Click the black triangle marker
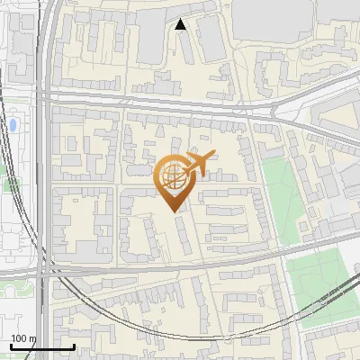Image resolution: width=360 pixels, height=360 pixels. (181, 25)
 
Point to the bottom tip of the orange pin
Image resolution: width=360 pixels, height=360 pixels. (174, 211)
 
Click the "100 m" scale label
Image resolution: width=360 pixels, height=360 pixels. (22, 338)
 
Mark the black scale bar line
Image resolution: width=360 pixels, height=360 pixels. (41, 346)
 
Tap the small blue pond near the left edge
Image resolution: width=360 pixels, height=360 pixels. (13, 124)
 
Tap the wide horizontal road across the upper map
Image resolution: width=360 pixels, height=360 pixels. (162, 101)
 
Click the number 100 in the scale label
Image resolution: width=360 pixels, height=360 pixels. (18, 338)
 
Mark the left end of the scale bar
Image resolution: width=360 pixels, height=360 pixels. (10, 346)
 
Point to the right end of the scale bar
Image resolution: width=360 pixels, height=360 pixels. (74, 346)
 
